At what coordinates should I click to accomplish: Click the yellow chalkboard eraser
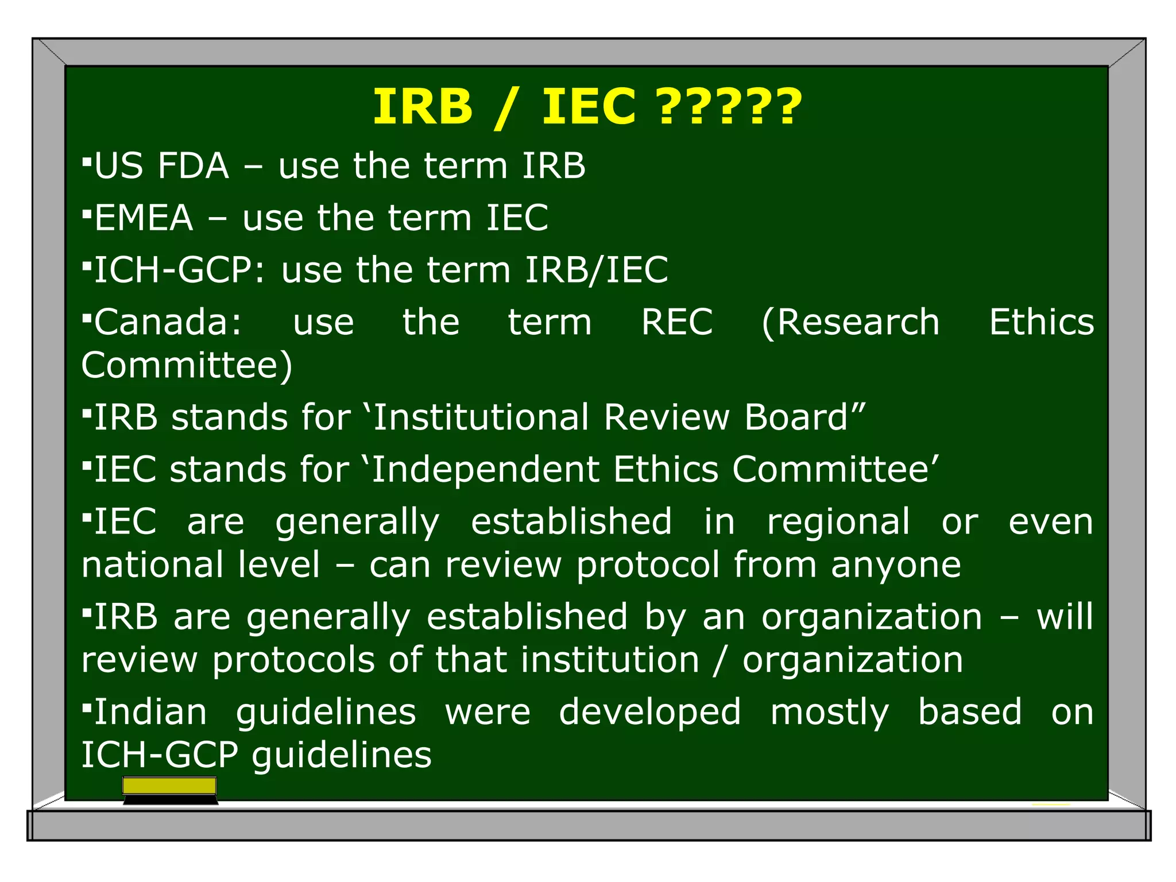coord(170,787)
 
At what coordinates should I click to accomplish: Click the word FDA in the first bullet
coord(194,167)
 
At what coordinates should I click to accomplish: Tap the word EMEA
coord(144,218)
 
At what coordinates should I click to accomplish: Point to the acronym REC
coord(677,322)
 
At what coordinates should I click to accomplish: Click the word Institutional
coord(481,417)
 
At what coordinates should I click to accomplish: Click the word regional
coord(838,523)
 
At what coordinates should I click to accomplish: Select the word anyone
coord(896,566)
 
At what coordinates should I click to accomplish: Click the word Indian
coord(150,713)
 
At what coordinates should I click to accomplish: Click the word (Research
coord(850,322)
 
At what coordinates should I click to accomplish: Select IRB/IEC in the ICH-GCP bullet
coord(597,270)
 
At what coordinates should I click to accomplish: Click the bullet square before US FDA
coord(87,163)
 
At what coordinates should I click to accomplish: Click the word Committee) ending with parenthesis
coord(187,365)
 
